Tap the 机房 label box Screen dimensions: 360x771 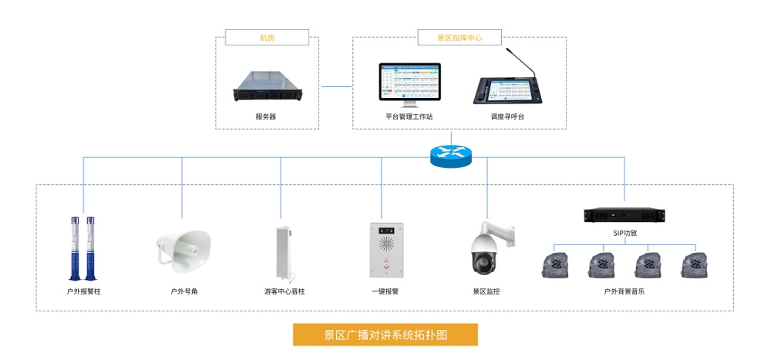pyautogui.click(x=267, y=36)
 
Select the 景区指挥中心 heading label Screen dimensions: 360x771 pyautogui.click(x=460, y=36)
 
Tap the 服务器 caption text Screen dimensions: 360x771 pyautogui.click(x=266, y=116)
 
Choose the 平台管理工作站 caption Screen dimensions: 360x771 pyautogui.click(x=409, y=116)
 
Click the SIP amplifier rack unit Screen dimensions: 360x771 pyautogui.click(x=625, y=214)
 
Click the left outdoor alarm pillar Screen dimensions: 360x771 pyautogui.click(x=74, y=247)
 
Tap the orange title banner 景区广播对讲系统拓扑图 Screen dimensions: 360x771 pyautogui.click(x=385, y=335)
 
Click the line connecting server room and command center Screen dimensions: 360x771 pyautogui.click(x=336, y=86)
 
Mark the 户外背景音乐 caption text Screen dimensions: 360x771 pyautogui.click(x=625, y=292)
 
